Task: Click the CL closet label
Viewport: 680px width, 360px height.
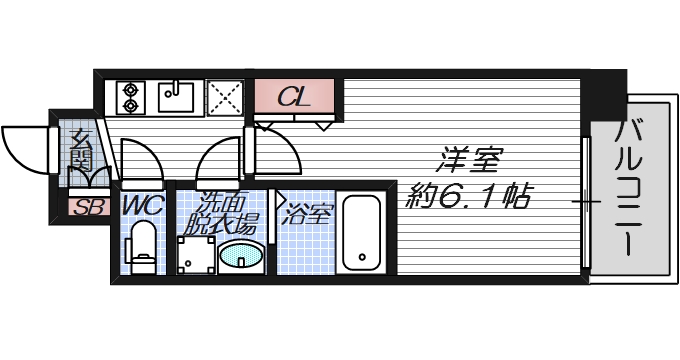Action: (292, 98)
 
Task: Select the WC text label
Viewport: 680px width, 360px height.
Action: (143, 205)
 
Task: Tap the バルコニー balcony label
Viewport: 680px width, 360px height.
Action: (631, 190)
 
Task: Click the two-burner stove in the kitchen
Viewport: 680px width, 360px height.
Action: (131, 98)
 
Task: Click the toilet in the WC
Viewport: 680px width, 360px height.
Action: (143, 247)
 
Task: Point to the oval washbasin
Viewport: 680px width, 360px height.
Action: (241, 257)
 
